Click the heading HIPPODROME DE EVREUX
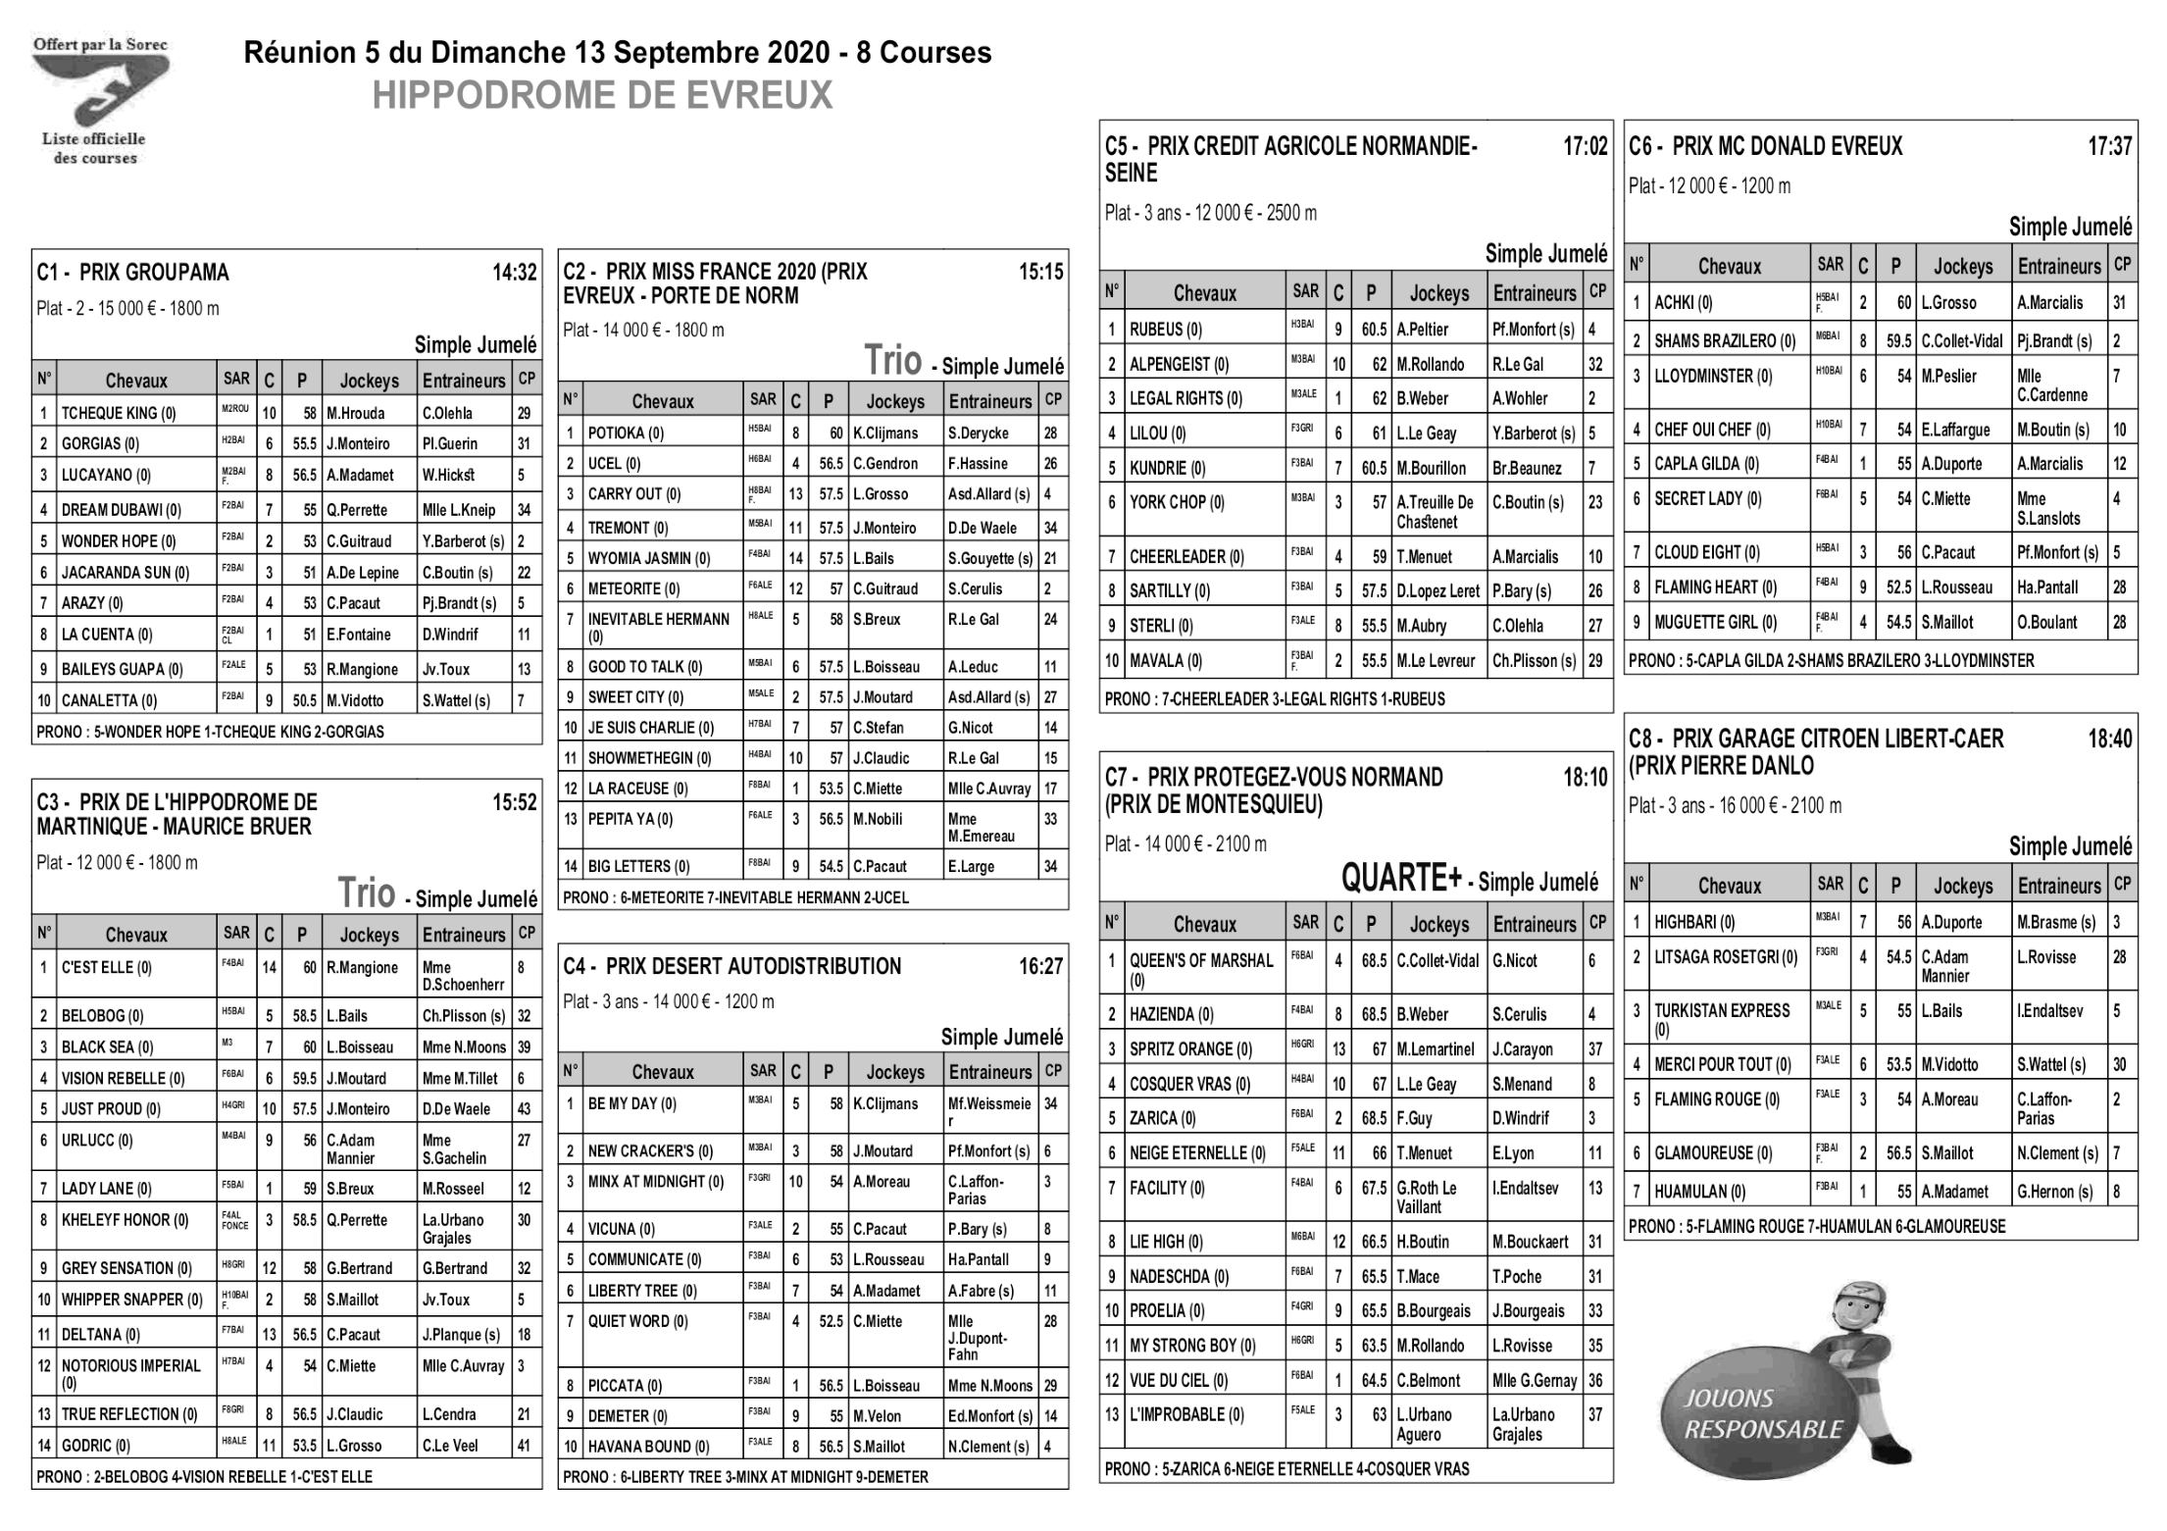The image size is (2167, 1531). pos(602,96)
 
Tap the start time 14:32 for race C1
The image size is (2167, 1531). pos(514,273)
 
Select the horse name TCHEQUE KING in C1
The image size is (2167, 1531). pos(118,413)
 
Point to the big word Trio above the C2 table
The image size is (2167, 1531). pos(892,361)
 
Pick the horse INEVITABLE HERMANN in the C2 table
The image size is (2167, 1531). pos(659,620)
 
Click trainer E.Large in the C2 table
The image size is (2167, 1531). pos(971,866)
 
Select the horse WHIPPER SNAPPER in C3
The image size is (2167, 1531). pos(132,1300)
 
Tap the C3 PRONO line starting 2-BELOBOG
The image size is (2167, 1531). pos(205,1476)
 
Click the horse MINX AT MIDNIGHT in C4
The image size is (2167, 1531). pos(656,1182)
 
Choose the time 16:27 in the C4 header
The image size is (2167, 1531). pos(1040,967)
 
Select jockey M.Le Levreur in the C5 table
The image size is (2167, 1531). pos(1436,661)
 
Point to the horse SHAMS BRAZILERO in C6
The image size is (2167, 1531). pos(1725,341)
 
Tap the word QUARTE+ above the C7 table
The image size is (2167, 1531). pos(1401,879)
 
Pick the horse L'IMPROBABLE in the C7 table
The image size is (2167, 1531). pos(1186,1414)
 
